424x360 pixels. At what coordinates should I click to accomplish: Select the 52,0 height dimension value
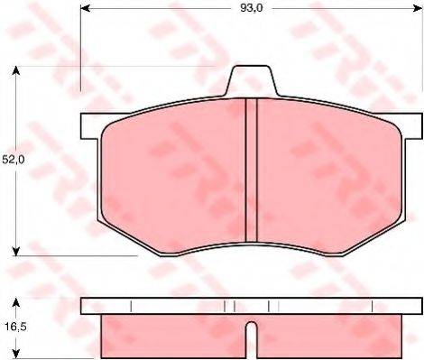(13, 160)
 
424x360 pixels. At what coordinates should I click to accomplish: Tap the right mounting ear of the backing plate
(411, 125)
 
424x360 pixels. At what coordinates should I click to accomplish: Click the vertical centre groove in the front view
(253, 171)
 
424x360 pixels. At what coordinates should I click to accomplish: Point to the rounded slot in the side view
(253, 341)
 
